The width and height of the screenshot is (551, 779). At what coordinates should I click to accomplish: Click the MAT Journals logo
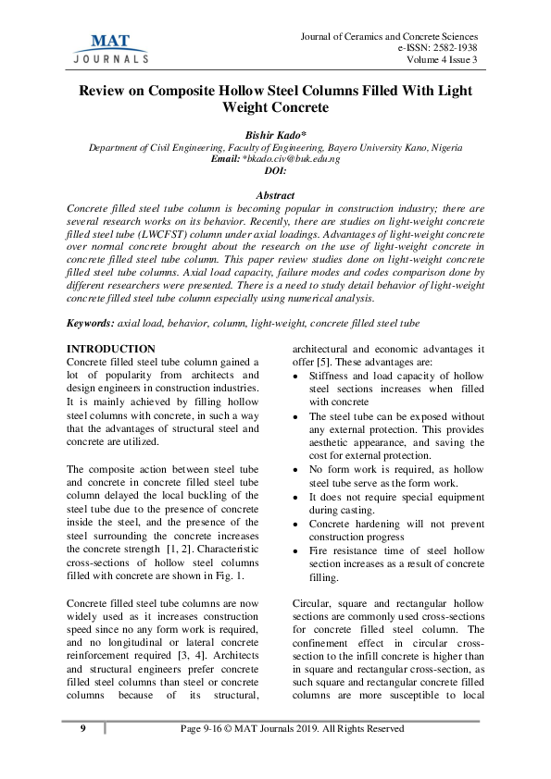coord(109,47)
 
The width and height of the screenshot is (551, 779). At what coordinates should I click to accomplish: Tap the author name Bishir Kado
coord(275,135)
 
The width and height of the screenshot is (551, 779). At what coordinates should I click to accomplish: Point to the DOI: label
coord(275,171)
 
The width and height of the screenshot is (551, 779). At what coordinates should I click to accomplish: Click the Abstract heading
coord(275,196)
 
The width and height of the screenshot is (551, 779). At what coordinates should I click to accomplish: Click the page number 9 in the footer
coord(82,729)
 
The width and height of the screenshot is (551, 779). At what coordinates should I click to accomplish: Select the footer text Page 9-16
coord(208,729)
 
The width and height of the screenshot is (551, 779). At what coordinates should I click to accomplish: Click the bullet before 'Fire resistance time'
coord(295,550)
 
